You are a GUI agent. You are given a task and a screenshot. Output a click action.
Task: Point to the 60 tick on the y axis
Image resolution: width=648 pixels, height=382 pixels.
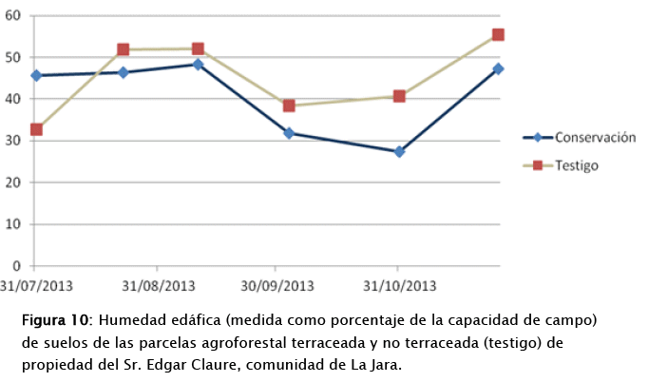point(12,15)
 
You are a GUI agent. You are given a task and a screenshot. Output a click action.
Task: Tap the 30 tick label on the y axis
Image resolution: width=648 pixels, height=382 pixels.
point(12,141)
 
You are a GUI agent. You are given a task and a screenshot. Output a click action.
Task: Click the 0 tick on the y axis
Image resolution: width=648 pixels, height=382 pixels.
point(16,266)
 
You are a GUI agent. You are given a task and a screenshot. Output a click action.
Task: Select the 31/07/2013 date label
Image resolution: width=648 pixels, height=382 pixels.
point(36,284)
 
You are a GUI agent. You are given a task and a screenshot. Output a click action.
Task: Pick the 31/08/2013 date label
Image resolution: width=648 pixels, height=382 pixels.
point(157,284)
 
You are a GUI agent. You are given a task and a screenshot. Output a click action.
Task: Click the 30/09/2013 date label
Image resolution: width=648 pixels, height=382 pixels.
point(277,284)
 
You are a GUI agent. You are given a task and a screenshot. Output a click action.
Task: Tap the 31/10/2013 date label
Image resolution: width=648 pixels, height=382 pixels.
point(399,284)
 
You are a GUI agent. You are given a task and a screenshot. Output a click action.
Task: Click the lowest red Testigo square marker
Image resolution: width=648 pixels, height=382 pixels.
point(36,129)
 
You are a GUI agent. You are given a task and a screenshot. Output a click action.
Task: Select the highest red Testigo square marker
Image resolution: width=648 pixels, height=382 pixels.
point(498,35)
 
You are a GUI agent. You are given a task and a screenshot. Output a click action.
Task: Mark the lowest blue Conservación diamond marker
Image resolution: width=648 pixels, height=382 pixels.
point(399,151)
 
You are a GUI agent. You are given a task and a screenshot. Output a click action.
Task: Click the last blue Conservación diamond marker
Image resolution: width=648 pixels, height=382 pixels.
point(498,68)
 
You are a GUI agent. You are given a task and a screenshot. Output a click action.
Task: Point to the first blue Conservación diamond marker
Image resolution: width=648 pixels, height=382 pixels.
point(36,75)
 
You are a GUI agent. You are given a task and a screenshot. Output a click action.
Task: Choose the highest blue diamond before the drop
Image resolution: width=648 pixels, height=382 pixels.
point(198,65)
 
